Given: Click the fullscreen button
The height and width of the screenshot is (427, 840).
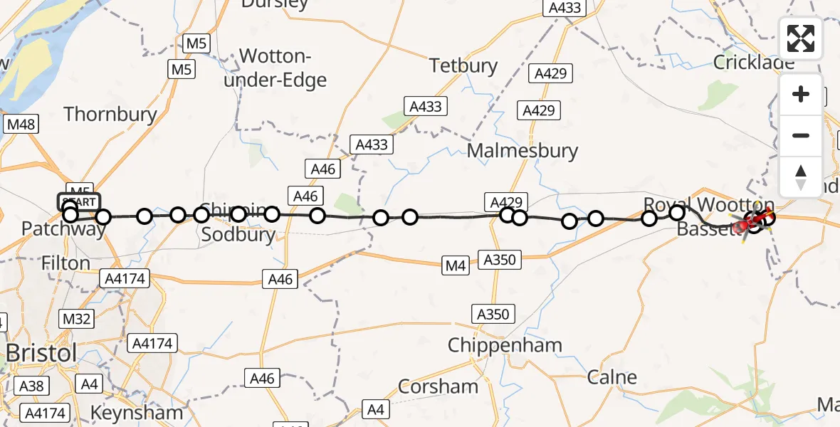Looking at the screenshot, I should pos(801,38).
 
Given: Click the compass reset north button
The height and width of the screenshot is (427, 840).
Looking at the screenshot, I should pos(801,176).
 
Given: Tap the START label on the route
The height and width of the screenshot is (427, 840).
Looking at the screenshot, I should pos(79,202).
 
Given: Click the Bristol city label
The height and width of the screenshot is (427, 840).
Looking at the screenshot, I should pos(41,353).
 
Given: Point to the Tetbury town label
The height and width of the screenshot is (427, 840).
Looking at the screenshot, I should pos(463,66).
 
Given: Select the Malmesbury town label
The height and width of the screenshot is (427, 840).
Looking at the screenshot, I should pos(523,151).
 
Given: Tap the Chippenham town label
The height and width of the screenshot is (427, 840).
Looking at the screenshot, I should pos(505,346).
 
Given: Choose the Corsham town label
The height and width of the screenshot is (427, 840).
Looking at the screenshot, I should pos(438,386).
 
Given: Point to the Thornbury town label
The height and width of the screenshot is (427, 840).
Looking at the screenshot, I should pos(110,114).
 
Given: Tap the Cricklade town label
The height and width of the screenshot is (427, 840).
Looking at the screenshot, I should pos(754,63).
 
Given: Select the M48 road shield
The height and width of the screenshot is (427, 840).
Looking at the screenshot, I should pos(20,125).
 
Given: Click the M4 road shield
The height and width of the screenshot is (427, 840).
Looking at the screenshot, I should pos(456,266).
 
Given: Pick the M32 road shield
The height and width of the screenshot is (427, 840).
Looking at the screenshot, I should pos(77,318).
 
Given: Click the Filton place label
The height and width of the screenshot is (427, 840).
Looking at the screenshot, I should pos(65,263).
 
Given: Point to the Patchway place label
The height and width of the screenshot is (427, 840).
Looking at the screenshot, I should pos(63,229).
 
